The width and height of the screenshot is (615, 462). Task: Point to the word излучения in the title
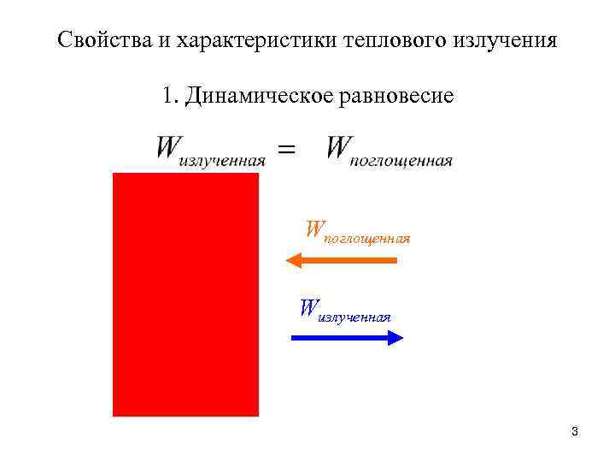pyautogui.click(x=505, y=40)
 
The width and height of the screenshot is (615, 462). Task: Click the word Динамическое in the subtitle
pyautogui.click(x=256, y=96)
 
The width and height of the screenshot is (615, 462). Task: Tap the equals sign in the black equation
pyautogui.click(x=287, y=150)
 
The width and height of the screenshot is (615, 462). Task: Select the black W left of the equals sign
pyautogui.click(x=168, y=147)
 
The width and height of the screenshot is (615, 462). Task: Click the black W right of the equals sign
pyautogui.click(x=338, y=147)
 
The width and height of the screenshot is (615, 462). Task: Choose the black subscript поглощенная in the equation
pyautogui.click(x=401, y=161)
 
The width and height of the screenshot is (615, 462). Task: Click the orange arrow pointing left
pyautogui.click(x=341, y=260)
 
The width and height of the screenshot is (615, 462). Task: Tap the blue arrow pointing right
pyautogui.click(x=347, y=338)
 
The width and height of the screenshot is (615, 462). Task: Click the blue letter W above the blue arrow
pyautogui.click(x=307, y=307)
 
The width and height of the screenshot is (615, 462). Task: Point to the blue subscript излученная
pyautogui.click(x=354, y=317)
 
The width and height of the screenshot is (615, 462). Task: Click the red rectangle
pyautogui.click(x=185, y=294)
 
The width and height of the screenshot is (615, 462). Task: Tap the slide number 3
pyautogui.click(x=575, y=431)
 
